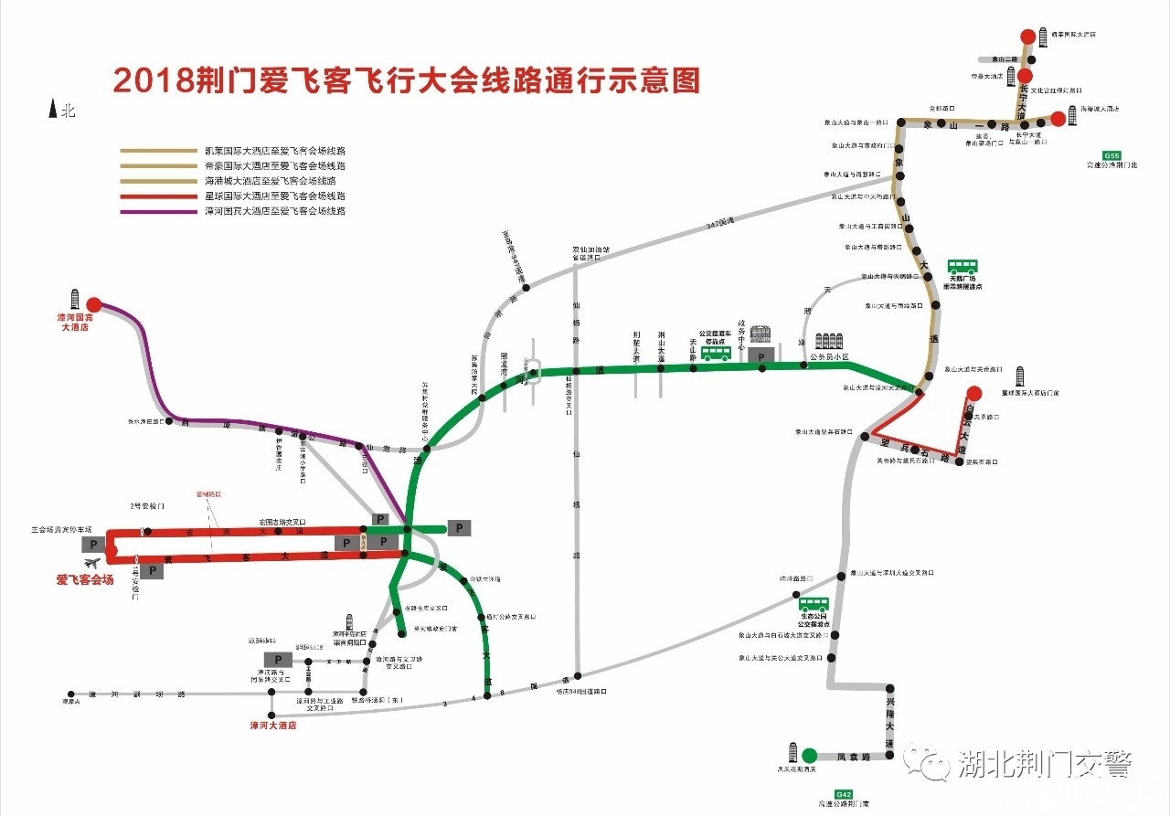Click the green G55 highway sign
pos(1111,155)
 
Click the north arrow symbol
pos(52,109)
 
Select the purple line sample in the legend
pos(159,212)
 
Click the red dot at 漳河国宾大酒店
pos(94,306)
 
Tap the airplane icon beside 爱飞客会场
pos(91,564)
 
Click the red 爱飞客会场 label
pos(85,579)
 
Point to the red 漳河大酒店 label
pos(273,726)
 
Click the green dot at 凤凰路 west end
pos(809,756)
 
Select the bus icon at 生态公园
pos(814,603)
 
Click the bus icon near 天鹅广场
pos(962,267)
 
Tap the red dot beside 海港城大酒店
pos(1058,118)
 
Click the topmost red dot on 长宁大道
pos(1028,37)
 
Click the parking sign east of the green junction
pos(459,527)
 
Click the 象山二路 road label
pos(1004,58)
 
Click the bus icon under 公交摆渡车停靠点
pos(716,353)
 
